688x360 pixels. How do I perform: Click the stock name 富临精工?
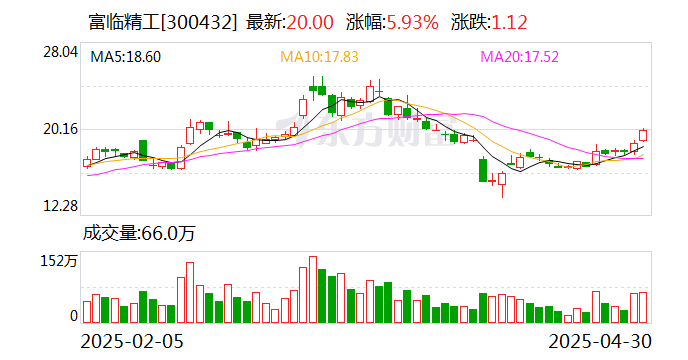click(125, 22)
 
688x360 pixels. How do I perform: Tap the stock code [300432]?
click(200, 22)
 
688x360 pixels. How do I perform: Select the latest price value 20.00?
click(310, 22)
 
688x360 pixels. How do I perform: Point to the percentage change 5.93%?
click(412, 22)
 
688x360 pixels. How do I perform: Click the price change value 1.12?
click(509, 22)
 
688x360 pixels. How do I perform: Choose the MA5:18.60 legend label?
click(125, 57)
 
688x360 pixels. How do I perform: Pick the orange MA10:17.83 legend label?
click(319, 57)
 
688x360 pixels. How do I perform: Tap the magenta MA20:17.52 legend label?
click(520, 57)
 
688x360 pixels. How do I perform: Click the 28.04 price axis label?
click(60, 52)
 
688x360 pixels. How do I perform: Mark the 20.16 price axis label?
click(60, 129)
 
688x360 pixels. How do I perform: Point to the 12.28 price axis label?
click(60, 205)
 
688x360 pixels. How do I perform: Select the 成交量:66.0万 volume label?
click(139, 234)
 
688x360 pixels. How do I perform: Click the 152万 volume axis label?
click(59, 261)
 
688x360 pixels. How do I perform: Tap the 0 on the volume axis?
click(74, 316)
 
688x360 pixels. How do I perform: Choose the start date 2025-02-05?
click(132, 341)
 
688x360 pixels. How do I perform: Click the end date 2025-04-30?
click(600, 341)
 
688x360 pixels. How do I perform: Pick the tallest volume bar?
click(313, 290)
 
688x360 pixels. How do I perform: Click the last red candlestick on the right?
click(643, 135)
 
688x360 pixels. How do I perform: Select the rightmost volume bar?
click(643, 308)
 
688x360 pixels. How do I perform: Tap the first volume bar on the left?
click(87, 312)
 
